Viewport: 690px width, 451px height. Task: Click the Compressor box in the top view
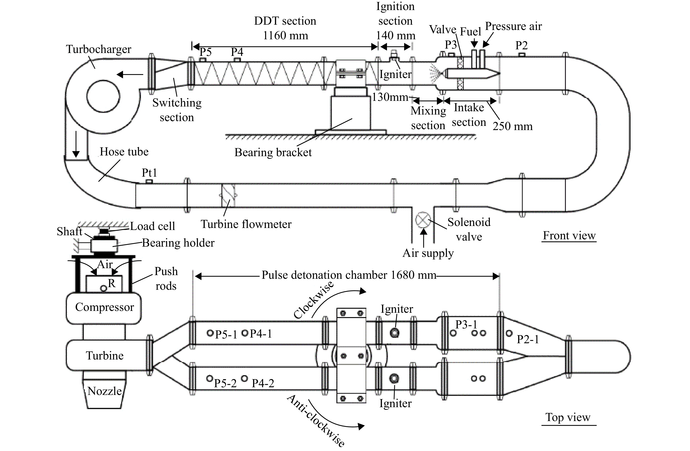[x=104, y=308]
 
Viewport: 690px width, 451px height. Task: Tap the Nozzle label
[x=105, y=391]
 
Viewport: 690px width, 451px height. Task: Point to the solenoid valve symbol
[x=423, y=220]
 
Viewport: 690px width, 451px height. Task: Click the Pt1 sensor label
[x=149, y=173]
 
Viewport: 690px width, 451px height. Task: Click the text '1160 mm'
[x=285, y=36]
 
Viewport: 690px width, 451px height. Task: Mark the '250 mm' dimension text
[x=513, y=126]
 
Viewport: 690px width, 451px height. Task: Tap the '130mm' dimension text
[x=390, y=97]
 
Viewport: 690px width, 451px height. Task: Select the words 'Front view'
[x=569, y=235]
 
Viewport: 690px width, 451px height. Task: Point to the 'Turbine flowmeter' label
[x=246, y=224]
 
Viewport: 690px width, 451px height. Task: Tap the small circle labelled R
[x=103, y=288]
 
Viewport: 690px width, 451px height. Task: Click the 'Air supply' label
[x=428, y=253]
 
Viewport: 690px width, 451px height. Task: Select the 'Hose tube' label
[x=124, y=152]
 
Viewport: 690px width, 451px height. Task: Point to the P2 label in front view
[x=521, y=45]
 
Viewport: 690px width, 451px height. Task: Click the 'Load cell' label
[x=152, y=226]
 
